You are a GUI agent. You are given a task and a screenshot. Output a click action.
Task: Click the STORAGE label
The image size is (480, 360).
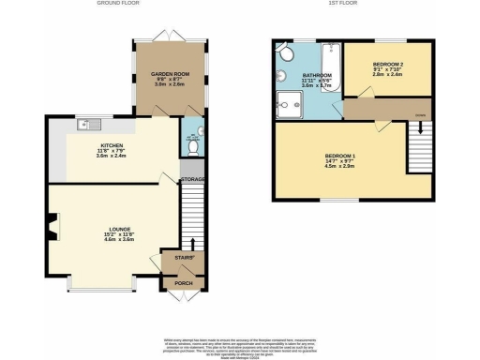tap(193, 179)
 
